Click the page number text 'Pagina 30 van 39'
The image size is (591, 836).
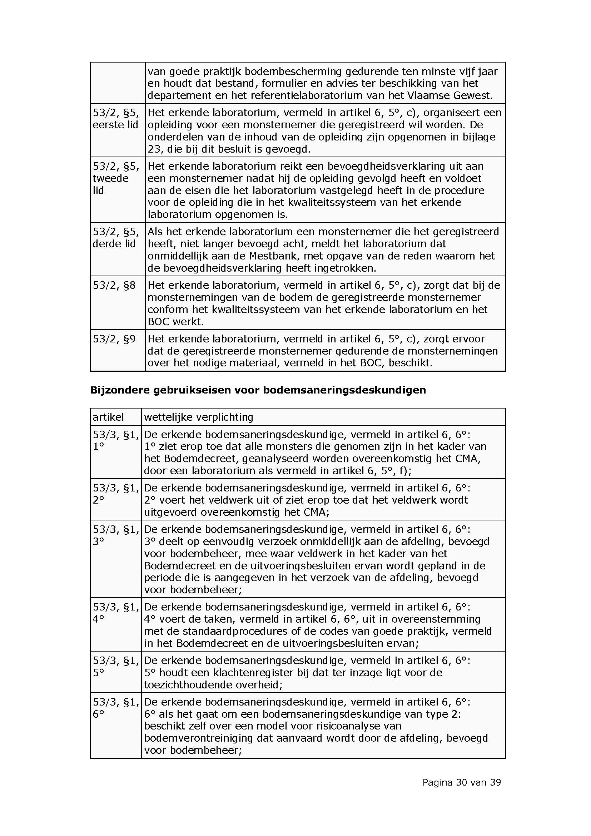click(461, 782)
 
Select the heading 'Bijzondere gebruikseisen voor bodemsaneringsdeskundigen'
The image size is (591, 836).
click(258, 390)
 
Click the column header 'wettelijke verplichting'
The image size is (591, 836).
click(198, 417)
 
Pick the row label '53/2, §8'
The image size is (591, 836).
click(114, 285)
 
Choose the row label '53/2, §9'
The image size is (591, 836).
click(114, 339)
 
